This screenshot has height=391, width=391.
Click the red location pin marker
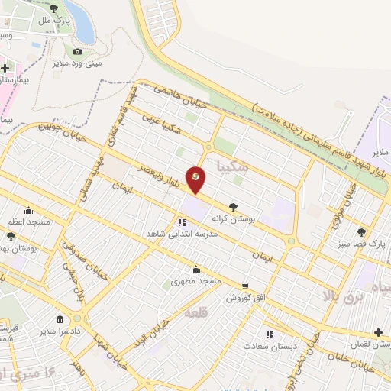196,179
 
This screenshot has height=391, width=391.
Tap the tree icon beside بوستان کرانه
233,205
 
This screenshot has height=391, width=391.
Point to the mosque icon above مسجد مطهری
196,269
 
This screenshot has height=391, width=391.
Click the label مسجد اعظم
30,221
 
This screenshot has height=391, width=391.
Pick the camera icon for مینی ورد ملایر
77,52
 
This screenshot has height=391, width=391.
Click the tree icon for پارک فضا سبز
361,232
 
